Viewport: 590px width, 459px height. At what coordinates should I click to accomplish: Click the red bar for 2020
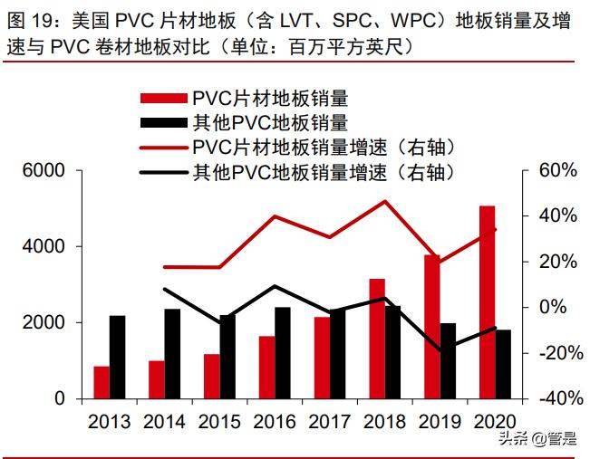[488, 302]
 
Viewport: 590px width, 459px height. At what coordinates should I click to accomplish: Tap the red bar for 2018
[377, 339]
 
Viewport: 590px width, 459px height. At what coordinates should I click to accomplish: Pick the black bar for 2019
[448, 360]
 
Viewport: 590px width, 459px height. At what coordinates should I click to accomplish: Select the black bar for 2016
[282, 352]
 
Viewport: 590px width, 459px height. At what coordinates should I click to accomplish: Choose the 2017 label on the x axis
[330, 422]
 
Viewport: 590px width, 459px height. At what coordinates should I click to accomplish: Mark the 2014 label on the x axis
[165, 422]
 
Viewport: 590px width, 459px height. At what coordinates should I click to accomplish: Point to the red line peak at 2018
[385, 201]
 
